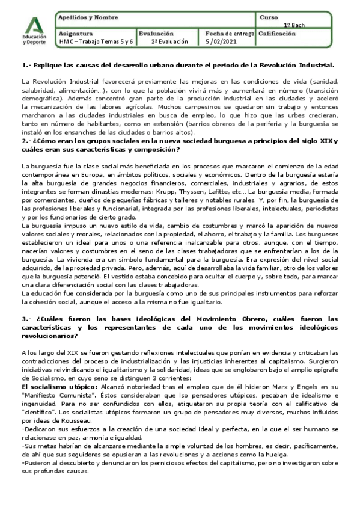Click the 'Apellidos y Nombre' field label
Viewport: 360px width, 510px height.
[82, 18]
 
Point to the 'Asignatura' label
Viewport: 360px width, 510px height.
[76, 34]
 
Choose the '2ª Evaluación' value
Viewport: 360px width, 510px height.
[169, 42]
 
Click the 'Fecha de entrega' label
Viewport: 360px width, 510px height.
[230, 34]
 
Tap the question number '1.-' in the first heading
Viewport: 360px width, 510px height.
[26, 64]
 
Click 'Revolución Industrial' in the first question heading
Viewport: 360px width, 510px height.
[297, 64]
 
